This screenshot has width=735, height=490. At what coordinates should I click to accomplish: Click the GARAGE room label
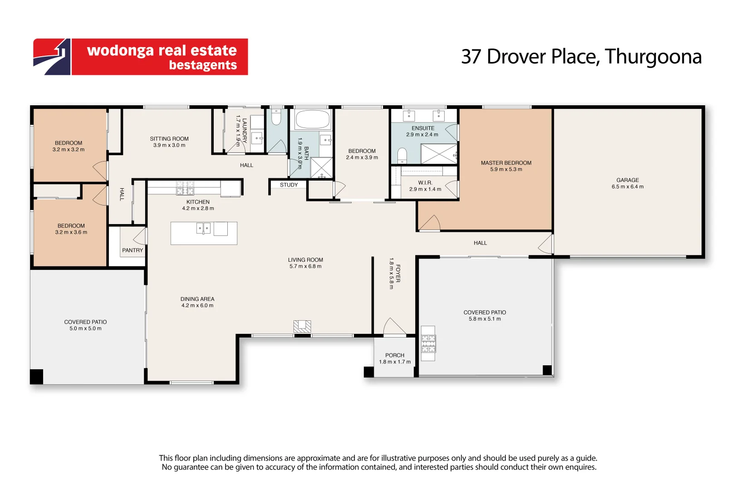(627, 180)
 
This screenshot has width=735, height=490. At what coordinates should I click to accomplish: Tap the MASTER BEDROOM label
(506, 163)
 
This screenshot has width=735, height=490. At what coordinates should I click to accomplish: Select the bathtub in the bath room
(313, 120)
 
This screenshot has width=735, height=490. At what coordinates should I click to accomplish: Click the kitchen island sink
(203, 228)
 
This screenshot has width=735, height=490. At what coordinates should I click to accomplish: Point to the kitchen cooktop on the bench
(185, 188)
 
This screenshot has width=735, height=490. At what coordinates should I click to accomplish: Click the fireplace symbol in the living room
(302, 327)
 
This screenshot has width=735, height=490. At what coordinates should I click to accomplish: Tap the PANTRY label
(132, 250)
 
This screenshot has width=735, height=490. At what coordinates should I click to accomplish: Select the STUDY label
(289, 185)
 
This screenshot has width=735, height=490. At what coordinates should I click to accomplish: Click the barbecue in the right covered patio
(428, 343)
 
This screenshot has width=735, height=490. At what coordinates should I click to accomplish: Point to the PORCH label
(395, 355)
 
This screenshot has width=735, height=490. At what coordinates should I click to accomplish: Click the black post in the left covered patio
(36, 377)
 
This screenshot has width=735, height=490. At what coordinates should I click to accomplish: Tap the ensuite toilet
(402, 155)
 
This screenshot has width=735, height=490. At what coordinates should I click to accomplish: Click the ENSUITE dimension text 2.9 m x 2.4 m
(422, 135)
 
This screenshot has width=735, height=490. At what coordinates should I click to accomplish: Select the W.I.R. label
(425, 183)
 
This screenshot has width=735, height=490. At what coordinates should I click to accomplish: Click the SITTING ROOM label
(169, 139)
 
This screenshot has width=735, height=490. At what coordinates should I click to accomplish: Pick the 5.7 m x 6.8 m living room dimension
(305, 266)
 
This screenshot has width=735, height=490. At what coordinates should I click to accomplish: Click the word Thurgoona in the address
(653, 57)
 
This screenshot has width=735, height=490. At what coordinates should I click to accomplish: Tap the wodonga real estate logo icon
(52, 57)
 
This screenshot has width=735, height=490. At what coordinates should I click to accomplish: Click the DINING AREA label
(197, 299)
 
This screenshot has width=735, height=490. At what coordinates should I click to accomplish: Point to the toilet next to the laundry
(276, 117)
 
